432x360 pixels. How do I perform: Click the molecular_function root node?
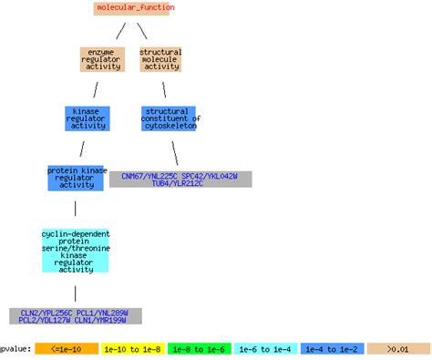coord(132,8)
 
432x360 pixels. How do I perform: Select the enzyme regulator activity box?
coord(101,59)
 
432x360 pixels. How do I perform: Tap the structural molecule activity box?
coord(161,59)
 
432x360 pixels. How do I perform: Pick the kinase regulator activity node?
coord(87,118)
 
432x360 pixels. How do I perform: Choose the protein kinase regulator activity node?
coord(76,177)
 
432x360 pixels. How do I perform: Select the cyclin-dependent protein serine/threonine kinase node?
coord(75,251)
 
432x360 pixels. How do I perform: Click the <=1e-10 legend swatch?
coord(66,348)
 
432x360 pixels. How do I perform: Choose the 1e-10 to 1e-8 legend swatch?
coord(132,348)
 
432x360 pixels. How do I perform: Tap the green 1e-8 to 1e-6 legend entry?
coord(199,348)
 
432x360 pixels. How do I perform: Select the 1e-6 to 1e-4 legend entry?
coord(265,348)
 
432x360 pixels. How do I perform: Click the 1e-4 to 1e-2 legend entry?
coord(332,348)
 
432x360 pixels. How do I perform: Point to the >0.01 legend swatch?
coord(398,348)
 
